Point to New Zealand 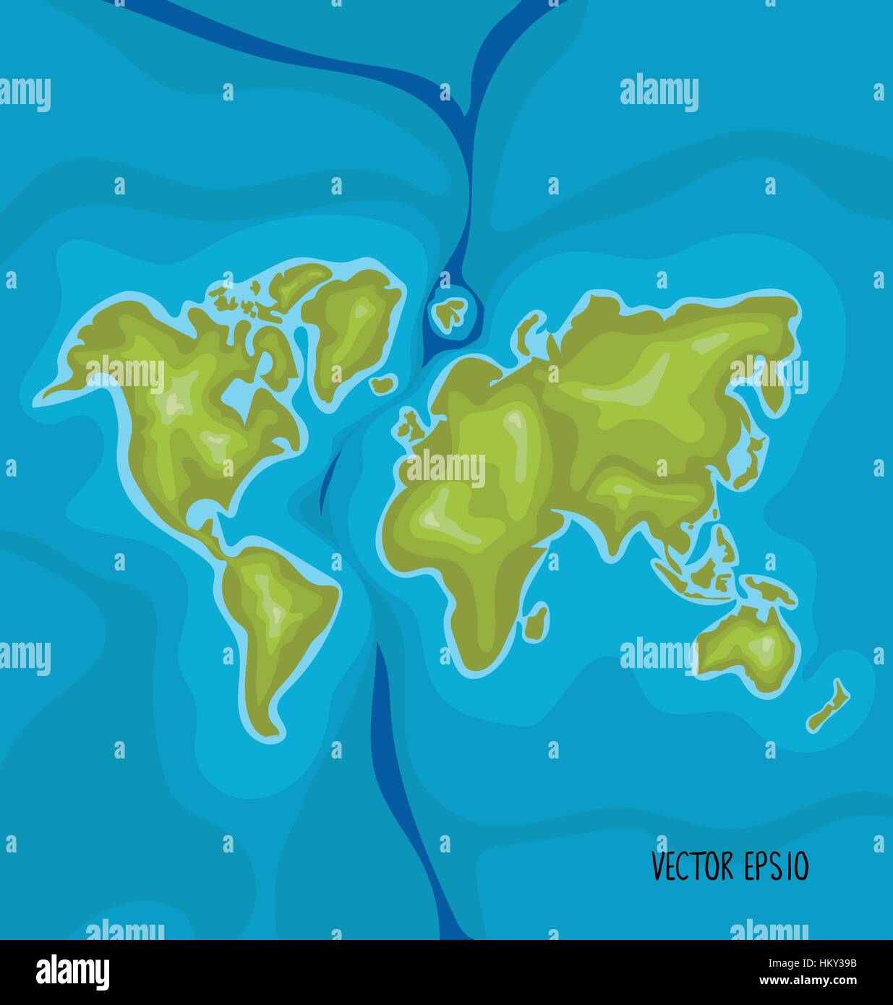829,705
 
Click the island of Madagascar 536,621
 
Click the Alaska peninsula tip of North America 58,391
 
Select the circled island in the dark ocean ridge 450,313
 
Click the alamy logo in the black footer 72,971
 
